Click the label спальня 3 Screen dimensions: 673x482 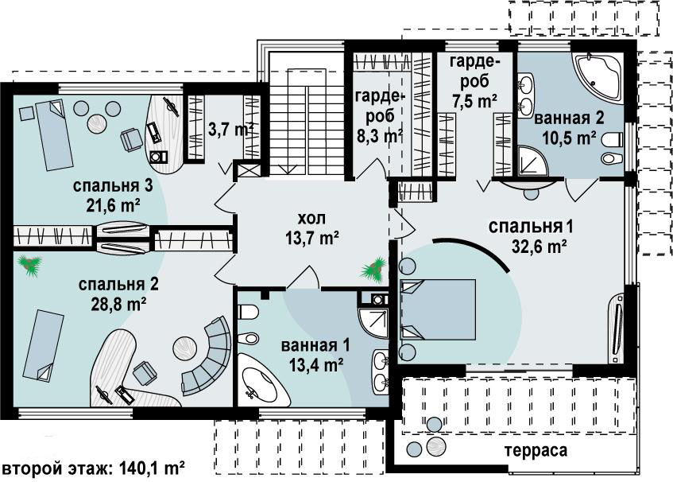tap(113, 186)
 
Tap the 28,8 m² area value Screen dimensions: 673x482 tap(118, 304)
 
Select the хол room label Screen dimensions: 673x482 tap(311, 218)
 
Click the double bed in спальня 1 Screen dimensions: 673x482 tap(438, 309)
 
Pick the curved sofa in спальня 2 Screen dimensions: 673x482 tap(208, 356)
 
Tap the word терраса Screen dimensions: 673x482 tap(536, 451)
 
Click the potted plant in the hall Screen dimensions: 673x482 tap(374, 270)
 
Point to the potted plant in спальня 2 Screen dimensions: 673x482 tap(30, 266)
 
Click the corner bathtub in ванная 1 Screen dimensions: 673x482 tap(262, 379)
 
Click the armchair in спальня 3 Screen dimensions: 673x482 tap(131, 140)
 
